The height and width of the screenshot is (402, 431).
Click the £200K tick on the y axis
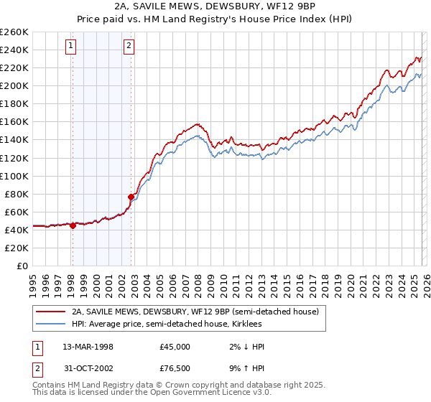(14, 85)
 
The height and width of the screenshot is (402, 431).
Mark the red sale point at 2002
(131, 196)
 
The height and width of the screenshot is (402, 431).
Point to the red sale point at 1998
(73, 225)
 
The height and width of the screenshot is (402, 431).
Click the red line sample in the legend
(51, 311)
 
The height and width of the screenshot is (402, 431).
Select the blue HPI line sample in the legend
(51, 324)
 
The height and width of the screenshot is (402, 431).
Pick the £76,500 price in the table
(175, 370)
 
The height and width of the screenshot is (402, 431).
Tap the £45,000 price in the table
(175, 347)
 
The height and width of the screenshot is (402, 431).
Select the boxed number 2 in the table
(36, 370)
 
